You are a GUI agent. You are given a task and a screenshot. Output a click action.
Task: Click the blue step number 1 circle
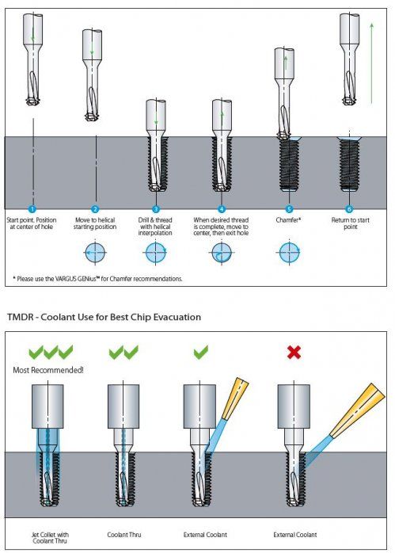point(32,209)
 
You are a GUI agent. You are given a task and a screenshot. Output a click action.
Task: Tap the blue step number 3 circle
point(155,209)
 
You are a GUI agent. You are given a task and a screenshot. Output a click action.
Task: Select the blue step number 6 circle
point(349,209)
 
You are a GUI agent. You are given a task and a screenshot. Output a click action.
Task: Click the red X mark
point(294,352)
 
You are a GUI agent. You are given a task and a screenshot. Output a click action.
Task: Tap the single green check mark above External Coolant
point(201,352)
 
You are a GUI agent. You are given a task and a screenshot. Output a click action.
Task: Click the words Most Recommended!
point(48,370)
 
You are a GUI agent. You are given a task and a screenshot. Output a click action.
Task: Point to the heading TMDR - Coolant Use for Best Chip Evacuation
point(104,317)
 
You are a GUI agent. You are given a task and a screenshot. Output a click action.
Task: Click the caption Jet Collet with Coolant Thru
point(50,538)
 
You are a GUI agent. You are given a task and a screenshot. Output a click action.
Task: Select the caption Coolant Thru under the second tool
point(124,535)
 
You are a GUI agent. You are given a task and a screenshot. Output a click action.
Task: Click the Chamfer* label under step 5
point(288,219)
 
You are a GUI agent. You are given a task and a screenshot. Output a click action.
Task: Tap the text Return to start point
point(350,223)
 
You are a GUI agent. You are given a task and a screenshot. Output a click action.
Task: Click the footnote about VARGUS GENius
point(97,279)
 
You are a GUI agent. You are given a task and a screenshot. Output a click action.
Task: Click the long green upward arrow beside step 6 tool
point(371,63)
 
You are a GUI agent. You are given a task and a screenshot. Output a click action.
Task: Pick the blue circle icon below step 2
point(95,253)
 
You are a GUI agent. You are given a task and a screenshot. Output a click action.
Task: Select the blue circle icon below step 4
point(222,253)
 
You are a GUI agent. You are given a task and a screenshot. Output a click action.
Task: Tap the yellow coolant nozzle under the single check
point(234,399)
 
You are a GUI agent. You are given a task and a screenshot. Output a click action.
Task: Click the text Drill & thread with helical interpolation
point(155,227)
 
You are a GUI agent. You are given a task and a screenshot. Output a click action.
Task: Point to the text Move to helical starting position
point(95,223)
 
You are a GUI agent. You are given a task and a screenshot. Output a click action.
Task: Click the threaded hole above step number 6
point(349,164)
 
